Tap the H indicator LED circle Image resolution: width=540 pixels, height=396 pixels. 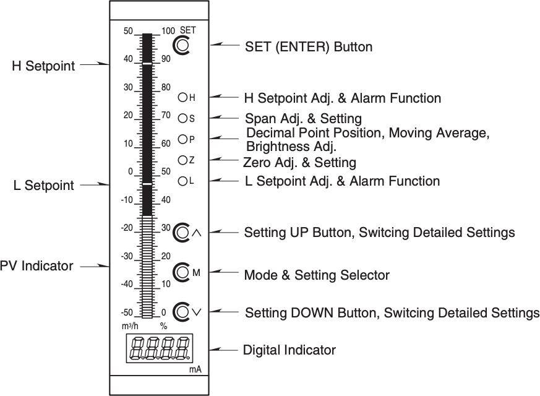coord(182,97)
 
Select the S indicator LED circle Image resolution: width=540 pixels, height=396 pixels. coord(182,118)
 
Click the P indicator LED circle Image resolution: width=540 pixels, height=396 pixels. coord(182,139)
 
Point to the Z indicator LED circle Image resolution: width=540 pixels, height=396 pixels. coord(182,160)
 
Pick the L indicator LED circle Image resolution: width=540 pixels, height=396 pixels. coord(182,181)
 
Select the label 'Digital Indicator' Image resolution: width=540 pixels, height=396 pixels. coord(289,350)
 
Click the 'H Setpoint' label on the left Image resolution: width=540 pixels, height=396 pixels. coord(43,66)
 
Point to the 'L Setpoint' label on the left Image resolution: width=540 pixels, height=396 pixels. coord(43,185)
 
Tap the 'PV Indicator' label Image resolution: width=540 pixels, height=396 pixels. coord(36,266)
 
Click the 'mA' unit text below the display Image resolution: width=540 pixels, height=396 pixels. coord(195,369)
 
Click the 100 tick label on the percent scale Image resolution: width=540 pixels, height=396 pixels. coord(168,31)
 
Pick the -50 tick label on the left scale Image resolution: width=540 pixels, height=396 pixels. coord(126,312)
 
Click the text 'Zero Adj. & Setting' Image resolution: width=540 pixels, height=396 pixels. coord(300,163)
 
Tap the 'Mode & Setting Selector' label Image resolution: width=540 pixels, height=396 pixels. coord(317,275)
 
